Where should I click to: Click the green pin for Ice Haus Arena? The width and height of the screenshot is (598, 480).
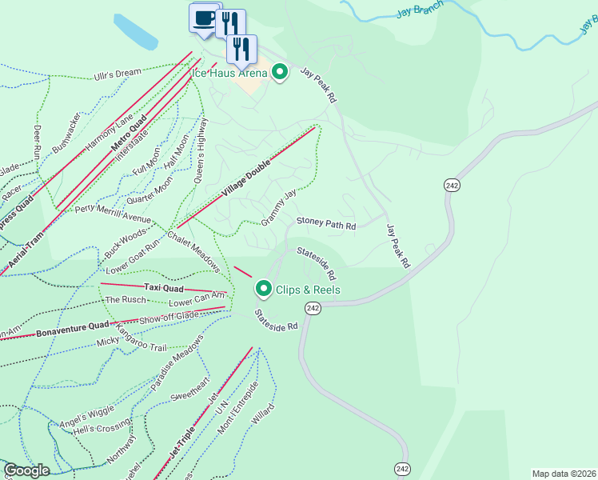click(280, 74)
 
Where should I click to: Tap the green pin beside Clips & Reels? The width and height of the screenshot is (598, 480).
click(263, 289)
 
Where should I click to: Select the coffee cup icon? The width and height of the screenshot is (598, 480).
click(203, 18)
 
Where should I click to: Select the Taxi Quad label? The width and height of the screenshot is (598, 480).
click(164, 287)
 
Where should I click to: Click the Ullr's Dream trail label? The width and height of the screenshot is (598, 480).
click(117, 74)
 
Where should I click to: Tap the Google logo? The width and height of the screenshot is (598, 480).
click(27, 470)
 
